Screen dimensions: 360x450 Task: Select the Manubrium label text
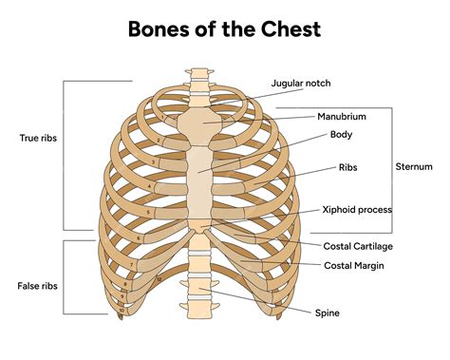(341, 117)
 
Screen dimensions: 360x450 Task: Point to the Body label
(341, 135)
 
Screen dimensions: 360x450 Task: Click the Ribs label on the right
(347, 167)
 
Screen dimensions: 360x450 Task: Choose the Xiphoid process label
(357, 209)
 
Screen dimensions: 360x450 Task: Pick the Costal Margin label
(354, 265)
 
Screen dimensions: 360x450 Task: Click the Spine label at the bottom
(328, 312)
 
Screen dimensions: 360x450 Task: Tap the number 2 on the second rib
(159, 140)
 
